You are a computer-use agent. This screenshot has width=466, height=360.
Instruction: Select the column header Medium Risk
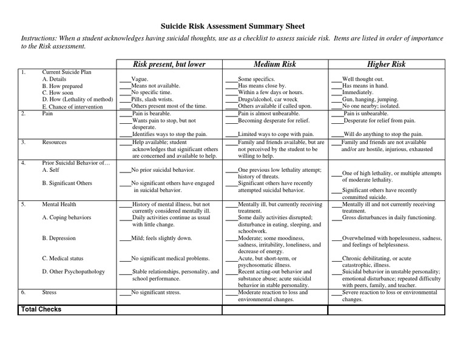(274, 64)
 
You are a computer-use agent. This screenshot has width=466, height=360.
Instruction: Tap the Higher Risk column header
(386, 64)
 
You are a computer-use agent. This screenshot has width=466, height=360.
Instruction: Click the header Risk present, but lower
(169, 64)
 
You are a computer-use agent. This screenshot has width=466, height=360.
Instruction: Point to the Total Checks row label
(41, 310)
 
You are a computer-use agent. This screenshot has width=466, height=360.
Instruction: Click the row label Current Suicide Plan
(67, 72)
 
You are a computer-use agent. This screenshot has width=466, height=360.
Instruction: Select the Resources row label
(54, 142)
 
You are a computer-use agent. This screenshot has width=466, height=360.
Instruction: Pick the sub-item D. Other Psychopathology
(73, 272)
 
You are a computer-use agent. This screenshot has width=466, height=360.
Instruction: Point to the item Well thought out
(363, 80)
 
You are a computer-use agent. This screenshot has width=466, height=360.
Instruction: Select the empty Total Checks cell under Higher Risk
(386, 310)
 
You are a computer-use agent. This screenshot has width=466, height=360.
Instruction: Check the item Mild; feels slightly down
(161, 239)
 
